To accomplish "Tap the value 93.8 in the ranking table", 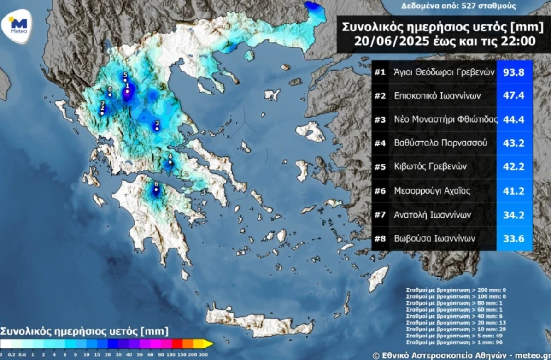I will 514,72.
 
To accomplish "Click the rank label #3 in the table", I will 380,119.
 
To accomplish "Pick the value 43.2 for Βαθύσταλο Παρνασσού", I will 514,143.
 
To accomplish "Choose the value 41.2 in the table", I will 514,190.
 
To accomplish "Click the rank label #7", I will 380,214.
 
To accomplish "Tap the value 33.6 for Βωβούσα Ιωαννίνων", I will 514,238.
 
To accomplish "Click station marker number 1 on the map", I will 128,91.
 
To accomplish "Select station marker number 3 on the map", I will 157,129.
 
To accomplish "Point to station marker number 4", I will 170,162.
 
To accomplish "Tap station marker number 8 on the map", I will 110,94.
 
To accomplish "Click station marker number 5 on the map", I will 125,80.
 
